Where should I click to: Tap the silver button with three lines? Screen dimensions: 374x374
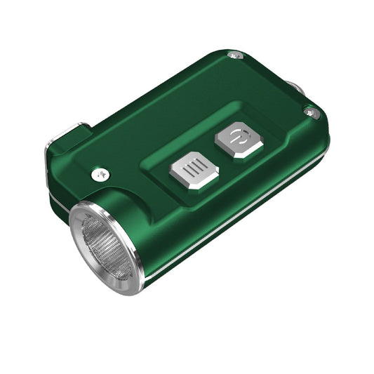(x=194, y=173)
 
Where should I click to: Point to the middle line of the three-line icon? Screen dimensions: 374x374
(x=193, y=171)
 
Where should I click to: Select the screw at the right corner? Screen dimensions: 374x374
(x=312, y=112)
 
